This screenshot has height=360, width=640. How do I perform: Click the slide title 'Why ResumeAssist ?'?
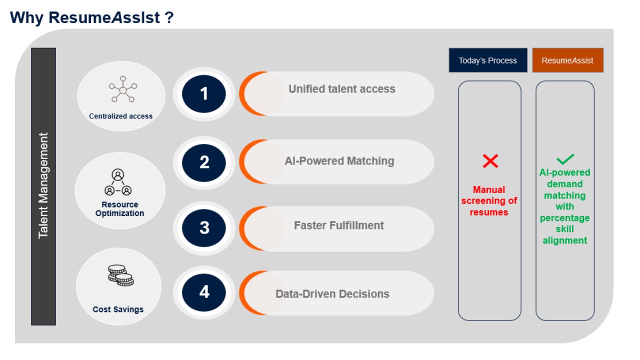[x=91, y=17]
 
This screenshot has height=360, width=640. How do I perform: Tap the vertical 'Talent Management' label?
[x=43, y=185]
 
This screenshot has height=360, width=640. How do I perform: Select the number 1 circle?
[x=203, y=93]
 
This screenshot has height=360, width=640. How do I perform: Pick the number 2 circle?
[x=203, y=162]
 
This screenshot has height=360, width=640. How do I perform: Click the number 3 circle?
[x=203, y=227]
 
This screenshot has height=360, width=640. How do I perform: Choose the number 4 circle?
[x=203, y=292]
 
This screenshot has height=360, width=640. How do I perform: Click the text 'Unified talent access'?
[x=341, y=89]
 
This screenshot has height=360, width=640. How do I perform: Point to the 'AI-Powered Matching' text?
[x=339, y=161]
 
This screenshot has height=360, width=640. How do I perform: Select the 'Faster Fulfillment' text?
[x=339, y=225]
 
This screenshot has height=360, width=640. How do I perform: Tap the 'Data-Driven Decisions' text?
[x=332, y=293]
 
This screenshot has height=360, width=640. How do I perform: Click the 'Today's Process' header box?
[x=488, y=60]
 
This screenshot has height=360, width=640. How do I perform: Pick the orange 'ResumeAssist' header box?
[x=567, y=60]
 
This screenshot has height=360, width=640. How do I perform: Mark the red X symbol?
[x=490, y=161]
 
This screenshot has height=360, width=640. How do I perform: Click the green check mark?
[x=565, y=159]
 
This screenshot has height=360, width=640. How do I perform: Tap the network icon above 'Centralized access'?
[x=123, y=89]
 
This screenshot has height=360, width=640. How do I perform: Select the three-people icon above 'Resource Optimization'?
[x=118, y=182]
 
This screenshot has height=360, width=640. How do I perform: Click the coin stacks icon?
[x=121, y=275]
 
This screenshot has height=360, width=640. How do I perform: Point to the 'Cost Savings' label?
[x=118, y=309]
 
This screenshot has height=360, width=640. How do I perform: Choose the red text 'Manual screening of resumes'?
[x=489, y=201]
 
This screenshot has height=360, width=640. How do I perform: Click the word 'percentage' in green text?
[x=565, y=218]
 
